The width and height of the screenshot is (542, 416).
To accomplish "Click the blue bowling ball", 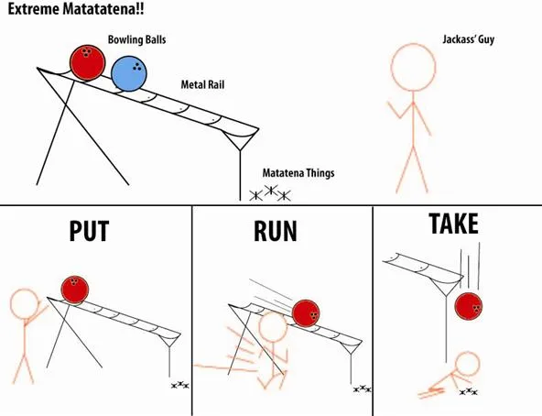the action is tap(129, 73).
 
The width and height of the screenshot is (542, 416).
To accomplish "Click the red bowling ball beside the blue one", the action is tap(88, 62).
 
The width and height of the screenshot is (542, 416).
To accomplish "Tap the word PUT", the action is tap(89, 231).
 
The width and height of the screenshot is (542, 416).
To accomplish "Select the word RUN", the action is tap(276, 231).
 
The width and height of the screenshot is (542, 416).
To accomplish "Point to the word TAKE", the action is tap(453, 224).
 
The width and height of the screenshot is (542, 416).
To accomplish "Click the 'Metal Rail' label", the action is tap(202, 84).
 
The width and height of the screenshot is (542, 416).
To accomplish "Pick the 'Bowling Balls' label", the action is tap(137, 39).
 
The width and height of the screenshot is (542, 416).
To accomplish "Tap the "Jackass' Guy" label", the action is tap(469, 39).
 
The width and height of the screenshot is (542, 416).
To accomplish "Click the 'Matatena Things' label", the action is tap(298, 172).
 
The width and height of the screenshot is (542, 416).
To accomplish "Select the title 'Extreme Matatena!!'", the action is tap(76, 9).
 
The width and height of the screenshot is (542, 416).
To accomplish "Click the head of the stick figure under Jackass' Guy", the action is tap(414, 67).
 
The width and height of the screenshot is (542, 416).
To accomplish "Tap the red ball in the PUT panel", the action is tap(75, 290).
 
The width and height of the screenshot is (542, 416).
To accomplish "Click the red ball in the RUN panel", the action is tap(306, 313).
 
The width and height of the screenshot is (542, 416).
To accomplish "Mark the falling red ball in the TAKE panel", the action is tap(469, 306).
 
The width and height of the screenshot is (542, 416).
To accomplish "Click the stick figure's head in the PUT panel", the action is tap(24, 303).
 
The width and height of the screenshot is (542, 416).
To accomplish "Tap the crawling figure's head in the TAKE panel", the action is tap(467, 364).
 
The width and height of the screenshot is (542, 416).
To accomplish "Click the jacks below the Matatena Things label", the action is tap(270, 193).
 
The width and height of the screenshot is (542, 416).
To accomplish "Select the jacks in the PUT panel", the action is tap(180, 385).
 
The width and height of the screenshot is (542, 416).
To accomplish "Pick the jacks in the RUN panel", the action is tap(363, 389).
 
